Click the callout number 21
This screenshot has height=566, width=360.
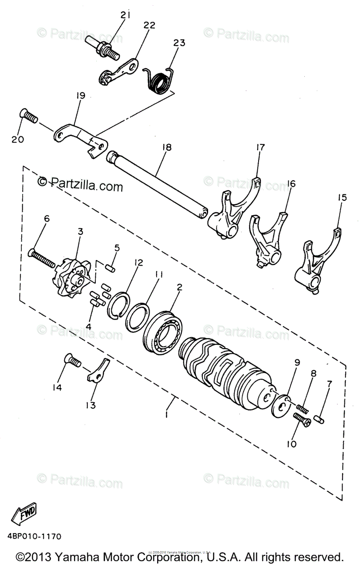[x=125, y=15]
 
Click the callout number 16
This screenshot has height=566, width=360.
[x=291, y=183]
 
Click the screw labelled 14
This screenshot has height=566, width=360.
[x=73, y=362]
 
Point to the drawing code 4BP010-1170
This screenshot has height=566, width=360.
[x=34, y=537]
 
